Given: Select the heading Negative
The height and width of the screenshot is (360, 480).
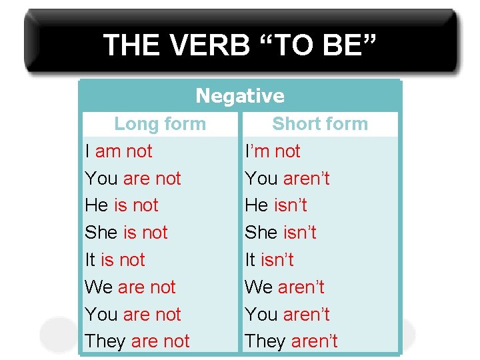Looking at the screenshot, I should click(x=240, y=97).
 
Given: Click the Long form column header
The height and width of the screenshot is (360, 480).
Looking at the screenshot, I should click(x=160, y=124).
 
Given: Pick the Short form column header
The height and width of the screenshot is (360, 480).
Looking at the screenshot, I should click(x=320, y=124).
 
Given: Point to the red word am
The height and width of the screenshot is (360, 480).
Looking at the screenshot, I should click(x=107, y=151).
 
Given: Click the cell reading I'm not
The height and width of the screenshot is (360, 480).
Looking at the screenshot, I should click(x=273, y=151).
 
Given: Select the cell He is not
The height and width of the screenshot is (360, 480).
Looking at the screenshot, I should click(x=121, y=205).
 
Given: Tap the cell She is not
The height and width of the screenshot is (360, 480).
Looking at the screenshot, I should click(x=126, y=233).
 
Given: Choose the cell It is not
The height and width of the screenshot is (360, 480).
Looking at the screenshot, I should click(x=115, y=260).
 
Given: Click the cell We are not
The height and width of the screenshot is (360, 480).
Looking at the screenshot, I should click(x=130, y=287).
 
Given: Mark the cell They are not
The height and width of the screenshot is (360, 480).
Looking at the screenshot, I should click(x=137, y=341).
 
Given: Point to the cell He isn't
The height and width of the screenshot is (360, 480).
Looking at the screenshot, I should click(x=276, y=205).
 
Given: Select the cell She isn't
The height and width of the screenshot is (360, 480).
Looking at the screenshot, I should click(x=281, y=233).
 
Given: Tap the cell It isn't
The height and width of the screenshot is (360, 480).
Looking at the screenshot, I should click(x=269, y=260).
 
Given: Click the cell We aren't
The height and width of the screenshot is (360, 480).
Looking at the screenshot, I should click(x=285, y=287).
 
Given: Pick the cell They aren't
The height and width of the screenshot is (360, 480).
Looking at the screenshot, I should click(x=291, y=341).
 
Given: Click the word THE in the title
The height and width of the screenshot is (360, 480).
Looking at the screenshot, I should click(x=131, y=46).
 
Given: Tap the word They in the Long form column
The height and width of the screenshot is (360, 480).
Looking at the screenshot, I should click(x=105, y=341).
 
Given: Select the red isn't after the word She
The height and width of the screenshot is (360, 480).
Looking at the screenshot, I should click(x=299, y=233).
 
